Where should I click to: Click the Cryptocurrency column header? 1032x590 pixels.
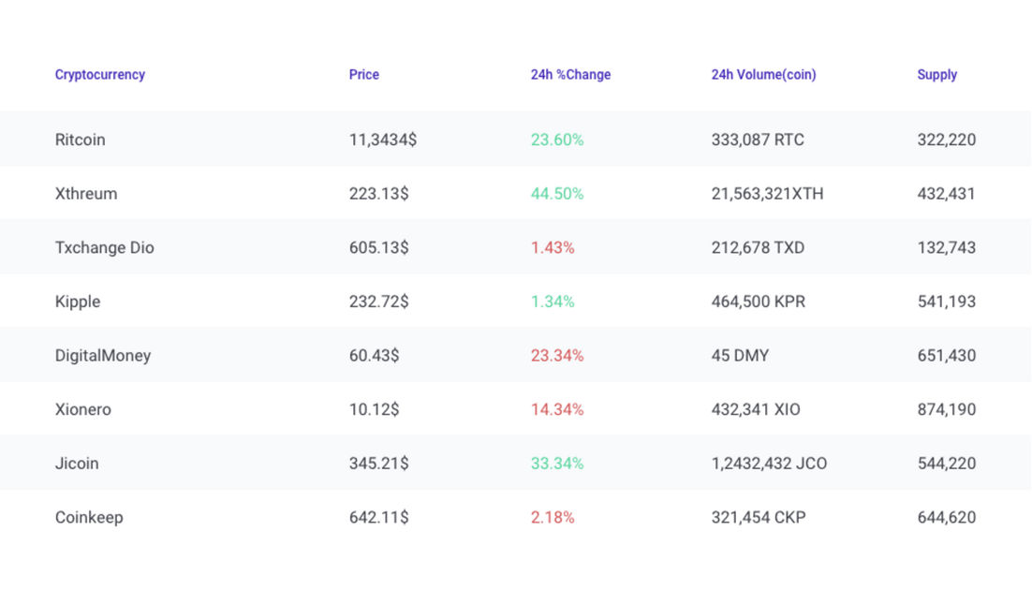pyautogui.click(x=100, y=75)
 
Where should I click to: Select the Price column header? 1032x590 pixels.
pyautogui.click(x=364, y=75)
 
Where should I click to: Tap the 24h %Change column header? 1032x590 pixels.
pyautogui.click(x=570, y=75)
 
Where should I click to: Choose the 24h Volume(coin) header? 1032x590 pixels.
pyautogui.click(x=763, y=75)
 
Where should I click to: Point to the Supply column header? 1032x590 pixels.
pyautogui.click(x=936, y=75)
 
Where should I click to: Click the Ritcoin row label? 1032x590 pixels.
pyautogui.click(x=81, y=140)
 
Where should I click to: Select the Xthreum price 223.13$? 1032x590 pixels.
pyautogui.click(x=378, y=194)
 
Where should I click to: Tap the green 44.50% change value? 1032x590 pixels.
pyautogui.click(x=557, y=194)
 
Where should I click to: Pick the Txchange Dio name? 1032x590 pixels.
pyautogui.click(x=105, y=248)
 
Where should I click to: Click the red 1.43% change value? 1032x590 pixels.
pyautogui.click(x=553, y=248)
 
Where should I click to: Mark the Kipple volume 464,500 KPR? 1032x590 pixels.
pyautogui.click(x=758, y=302)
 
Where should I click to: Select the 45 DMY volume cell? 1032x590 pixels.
pyautogui.click(x=740, y=356)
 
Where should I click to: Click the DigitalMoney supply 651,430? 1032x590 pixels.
pyautogui.click(x=946, y=356)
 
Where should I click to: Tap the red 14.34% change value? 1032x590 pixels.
pyautogui.click(x=557, y=409)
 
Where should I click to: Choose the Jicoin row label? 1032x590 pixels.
pyautogui.click(x=77, y=464)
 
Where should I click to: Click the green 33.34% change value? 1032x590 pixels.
pyautogui.click(x=557, y=464)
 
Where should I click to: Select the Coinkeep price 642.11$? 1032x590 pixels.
pyautogui.click(x=378, y=517)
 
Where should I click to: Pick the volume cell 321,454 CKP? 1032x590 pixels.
pyautogui.click(x=758, y=517)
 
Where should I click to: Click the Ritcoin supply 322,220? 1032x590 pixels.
pyautogui.click(x=946, y=140)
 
